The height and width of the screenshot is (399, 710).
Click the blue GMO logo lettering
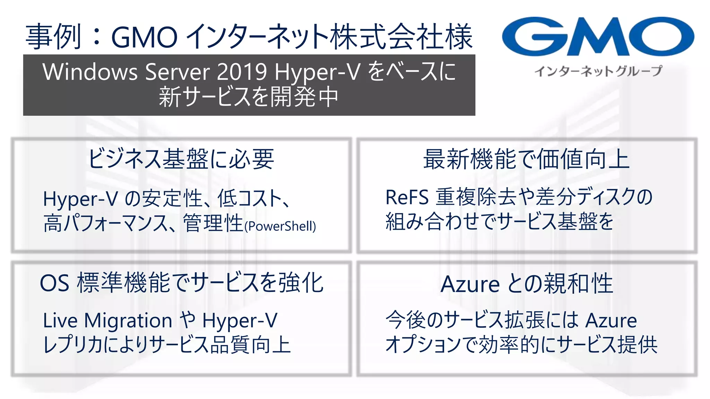click(x=598, y=37)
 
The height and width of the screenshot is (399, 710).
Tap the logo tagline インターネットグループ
click(x=598, y=71)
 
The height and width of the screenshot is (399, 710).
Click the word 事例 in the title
click(x=53, y=37)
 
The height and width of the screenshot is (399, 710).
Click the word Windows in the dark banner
click(x=90, y=72)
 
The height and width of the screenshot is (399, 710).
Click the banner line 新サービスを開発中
click(x=249, y=97)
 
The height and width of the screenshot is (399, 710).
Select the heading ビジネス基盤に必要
click(x=181, y=159)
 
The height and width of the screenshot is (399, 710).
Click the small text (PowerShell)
click(x=280, y=227)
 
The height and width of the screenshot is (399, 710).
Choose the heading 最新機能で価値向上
click(x=526, y=159)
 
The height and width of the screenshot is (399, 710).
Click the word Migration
click(x=128, y=320)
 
